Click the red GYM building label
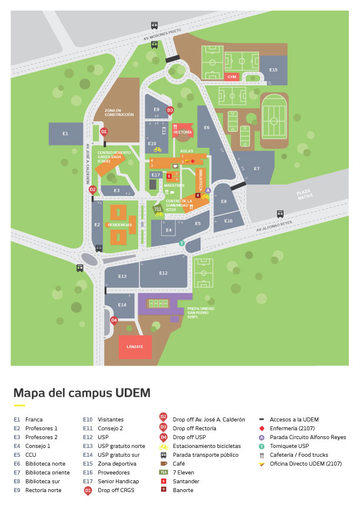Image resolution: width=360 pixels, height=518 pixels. tap(232, 77)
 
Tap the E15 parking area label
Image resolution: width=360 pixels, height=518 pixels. tap(274, 70)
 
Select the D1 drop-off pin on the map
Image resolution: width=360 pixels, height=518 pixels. tap(104, 131)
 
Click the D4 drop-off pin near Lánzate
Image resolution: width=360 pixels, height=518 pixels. tap(114, 320)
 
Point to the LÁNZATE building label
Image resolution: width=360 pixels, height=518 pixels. tap(135, 347)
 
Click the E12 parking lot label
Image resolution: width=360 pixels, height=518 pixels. tap(164, 273)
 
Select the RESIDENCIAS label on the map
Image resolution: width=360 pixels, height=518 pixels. tap(120, 225)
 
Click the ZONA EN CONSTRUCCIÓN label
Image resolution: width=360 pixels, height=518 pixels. tap(119, 112)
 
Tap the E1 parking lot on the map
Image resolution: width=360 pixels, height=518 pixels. tap(65, 134)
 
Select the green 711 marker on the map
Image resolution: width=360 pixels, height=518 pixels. tap(158, 208)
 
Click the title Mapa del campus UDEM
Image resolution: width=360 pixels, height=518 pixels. tap(82, 393)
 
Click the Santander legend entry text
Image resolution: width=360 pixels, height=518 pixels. tap(186, 482)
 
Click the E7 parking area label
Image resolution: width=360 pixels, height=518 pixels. tap(256, 169)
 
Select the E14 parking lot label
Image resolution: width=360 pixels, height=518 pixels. tap(122, 305)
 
